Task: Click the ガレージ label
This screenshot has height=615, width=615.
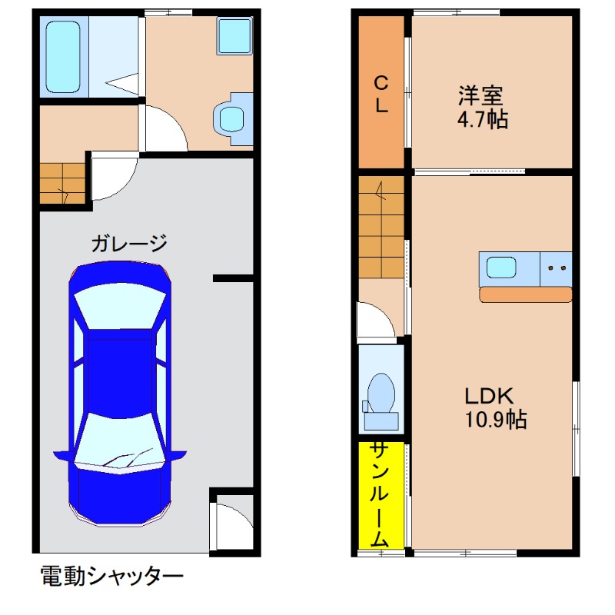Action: [129, 244]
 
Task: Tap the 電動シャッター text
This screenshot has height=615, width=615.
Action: [112, 576]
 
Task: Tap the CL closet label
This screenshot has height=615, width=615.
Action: [381, 95]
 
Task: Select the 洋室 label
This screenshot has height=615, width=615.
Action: [480, 96]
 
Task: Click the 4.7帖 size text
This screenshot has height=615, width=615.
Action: [480, 120]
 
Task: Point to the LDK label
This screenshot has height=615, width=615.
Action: [487, 396]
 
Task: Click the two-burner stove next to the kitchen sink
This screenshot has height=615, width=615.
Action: [557, 268]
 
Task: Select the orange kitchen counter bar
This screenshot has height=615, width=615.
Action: [526, 294]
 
